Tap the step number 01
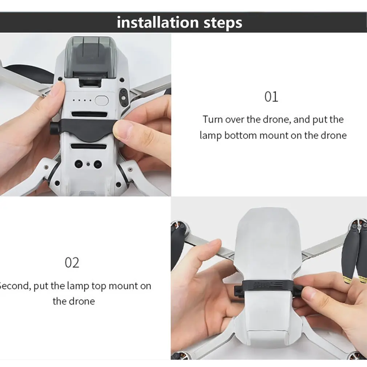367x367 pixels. click(271, 97)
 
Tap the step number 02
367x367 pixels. click(72, 262)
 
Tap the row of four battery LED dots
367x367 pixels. click(82, 101)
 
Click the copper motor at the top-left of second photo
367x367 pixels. click(179, 229)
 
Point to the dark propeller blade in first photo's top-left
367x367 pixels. click(25, 73)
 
